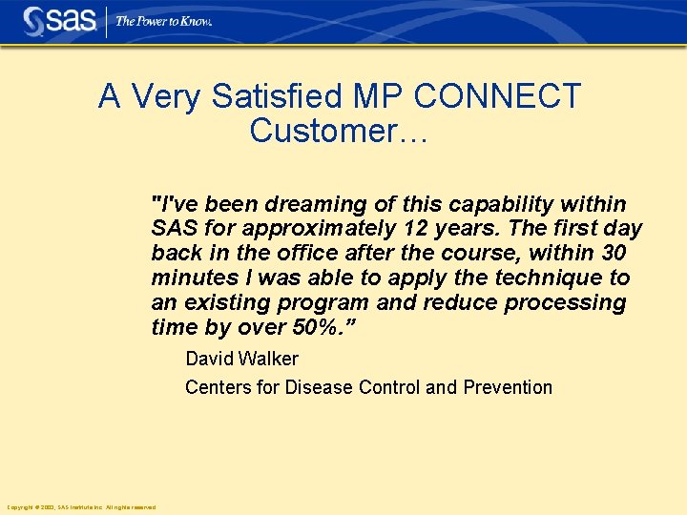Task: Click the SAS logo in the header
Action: (59, 20)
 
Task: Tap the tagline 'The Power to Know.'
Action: (163, 20)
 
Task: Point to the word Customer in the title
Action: (324, 131)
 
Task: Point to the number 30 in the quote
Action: (614, 254)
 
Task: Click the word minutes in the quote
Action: (186, 278)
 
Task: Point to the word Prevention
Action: (508, 387)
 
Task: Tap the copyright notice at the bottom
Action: (81, 506)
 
